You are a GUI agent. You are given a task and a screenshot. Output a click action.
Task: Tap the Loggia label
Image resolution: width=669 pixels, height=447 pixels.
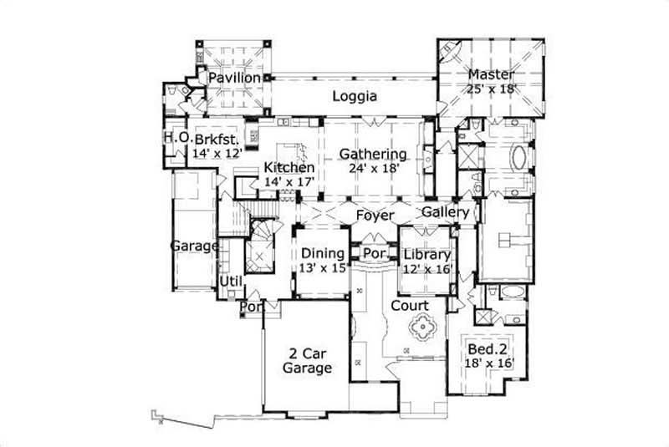tap(355, 96)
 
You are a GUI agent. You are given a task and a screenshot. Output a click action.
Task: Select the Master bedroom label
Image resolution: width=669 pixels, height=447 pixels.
tap(491, 74)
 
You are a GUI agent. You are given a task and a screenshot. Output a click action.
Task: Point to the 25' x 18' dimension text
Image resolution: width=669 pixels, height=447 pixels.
tap(491, 88)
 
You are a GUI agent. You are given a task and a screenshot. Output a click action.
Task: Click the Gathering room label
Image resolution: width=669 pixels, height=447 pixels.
tap(373, 154)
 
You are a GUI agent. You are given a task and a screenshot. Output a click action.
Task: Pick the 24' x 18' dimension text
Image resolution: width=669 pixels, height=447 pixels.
tap(373, 168)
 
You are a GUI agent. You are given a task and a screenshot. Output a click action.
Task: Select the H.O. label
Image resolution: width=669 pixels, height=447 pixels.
tap(175, 137)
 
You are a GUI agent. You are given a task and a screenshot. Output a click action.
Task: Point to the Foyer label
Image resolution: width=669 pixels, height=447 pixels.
tap(374, 216)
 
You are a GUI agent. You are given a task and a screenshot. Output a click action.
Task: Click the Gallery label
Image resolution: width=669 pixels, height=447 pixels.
tap(445, 212)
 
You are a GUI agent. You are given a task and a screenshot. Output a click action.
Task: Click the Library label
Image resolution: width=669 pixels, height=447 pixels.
tap(426, 255)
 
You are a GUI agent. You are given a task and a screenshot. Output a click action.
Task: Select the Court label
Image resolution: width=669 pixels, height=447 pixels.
tap(410, 306)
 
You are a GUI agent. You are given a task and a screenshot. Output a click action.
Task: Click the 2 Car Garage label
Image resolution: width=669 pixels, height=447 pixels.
tap(306, 360)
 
